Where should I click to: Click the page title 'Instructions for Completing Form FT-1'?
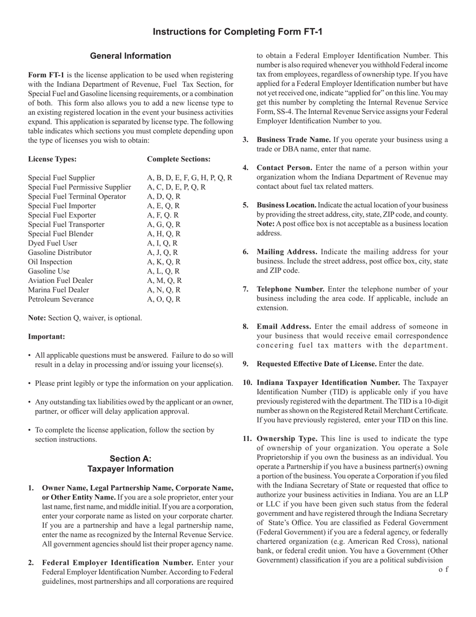[x=237, y=32]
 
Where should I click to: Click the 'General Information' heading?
[x=130, y=56]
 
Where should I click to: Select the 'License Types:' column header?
[x=52, y=159]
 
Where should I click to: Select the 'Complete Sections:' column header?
[x=178, y=159]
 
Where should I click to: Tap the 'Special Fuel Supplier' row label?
[x=61, y=178]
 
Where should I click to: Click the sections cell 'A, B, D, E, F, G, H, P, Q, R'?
[x=189, y=178]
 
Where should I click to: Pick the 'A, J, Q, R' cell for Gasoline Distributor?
[x=162, y=252]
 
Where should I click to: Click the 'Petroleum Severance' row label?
[x=61, y=299]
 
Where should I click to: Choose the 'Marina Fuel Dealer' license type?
[x=59, y=290]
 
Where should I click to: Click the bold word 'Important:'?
[x=46, y=336]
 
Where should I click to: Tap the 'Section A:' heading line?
[x=130, y=458]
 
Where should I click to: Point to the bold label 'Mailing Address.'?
[x=287, y=252]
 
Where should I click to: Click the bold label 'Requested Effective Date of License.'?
[x=317, y=364]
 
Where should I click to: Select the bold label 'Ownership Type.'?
[x=287, y=438]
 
